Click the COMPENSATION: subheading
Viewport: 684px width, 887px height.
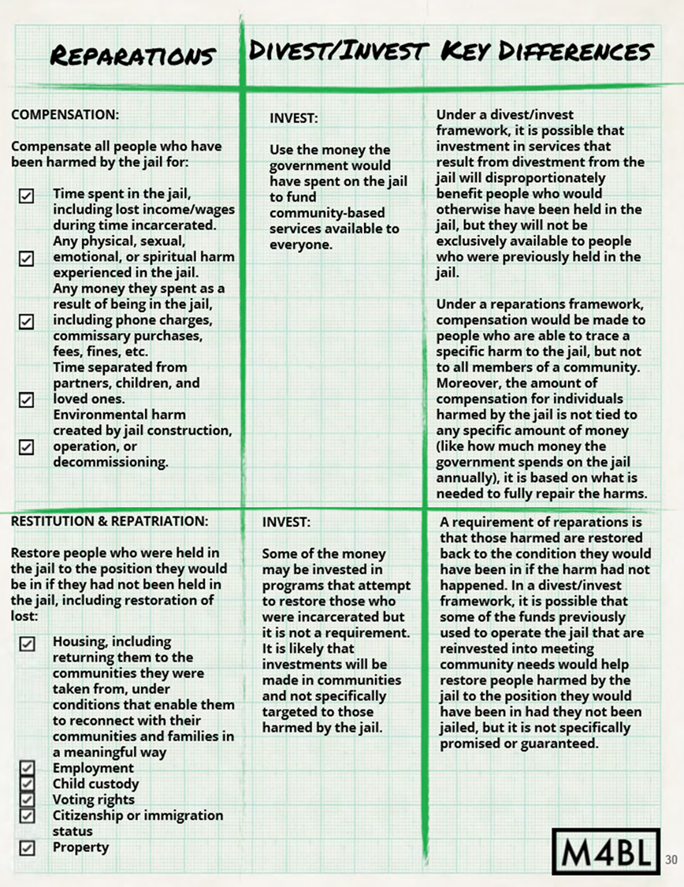pos(65,114)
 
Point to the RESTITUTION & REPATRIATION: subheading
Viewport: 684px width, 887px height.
pos(110,521)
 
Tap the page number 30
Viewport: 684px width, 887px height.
pos(672,859)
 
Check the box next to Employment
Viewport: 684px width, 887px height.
pos(28,769)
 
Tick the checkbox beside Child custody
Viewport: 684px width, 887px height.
pos(28,784)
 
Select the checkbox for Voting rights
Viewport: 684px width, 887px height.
pos(28,799)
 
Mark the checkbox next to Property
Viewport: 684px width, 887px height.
pos(28,848)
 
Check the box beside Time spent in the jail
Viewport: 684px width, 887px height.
pos(27,196)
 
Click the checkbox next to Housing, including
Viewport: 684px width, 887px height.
pos(28,643)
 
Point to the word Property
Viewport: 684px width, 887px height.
pos(80,848)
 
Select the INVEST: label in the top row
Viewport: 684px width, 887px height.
pos(293,118)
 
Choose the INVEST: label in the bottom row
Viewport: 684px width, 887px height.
pos(287,522)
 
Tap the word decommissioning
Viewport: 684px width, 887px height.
pos(110,462)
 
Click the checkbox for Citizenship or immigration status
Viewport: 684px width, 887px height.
pos(28,815)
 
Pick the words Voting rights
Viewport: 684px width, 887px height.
pos(93,799)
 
